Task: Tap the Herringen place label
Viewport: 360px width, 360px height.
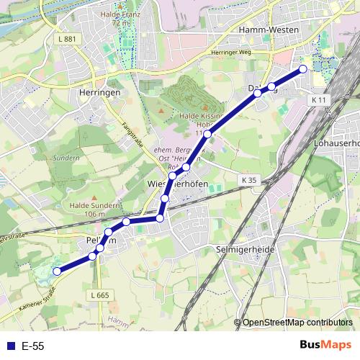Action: pos(97,93)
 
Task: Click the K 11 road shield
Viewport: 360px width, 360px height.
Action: pos(320,99)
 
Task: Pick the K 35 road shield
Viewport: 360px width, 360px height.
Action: pos(248,179)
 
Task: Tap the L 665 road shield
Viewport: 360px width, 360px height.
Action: pos(100,295)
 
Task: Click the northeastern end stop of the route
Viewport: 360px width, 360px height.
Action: pos(302,69)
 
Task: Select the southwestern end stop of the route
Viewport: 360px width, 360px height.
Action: pos(57,271)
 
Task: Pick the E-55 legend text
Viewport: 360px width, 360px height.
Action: pos(32,346)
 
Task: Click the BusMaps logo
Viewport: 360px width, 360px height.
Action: pos(325,345)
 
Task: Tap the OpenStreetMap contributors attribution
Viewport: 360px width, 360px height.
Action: pos(297,323)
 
